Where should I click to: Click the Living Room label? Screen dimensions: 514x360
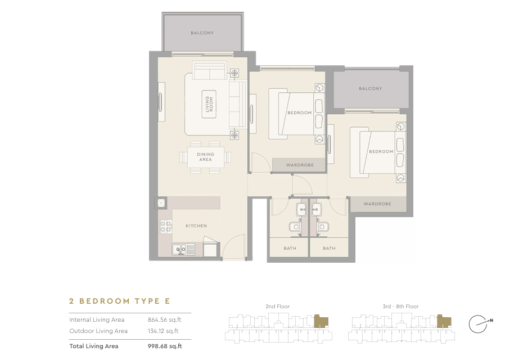pos(209,104)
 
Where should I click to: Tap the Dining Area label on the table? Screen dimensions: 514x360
pos(205,157)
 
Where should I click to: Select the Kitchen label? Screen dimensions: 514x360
pos(196,226)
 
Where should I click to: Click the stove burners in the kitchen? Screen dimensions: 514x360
pos(166,227)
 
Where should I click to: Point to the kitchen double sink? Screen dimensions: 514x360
pos(179,250)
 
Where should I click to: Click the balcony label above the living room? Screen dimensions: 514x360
pos(202,33)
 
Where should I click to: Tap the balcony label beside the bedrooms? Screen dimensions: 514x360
pos(371,88)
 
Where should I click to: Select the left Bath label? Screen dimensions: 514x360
pos(290,249)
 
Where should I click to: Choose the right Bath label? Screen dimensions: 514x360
pos(329,249)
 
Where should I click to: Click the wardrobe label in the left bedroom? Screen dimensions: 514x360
pos(300,165)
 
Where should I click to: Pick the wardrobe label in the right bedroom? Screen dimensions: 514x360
pos(377,204)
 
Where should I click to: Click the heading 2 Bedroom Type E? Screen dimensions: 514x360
pos(120,301)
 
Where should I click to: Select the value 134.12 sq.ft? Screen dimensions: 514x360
pos(163,331)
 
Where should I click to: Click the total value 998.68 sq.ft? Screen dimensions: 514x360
pos(165,346)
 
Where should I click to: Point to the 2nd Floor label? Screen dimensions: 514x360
pos(278,307)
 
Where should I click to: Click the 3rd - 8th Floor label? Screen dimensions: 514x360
pos(400,307)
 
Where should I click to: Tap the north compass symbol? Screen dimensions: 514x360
pos(480,324)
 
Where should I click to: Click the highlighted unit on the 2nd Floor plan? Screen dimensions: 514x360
pos(321,321)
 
